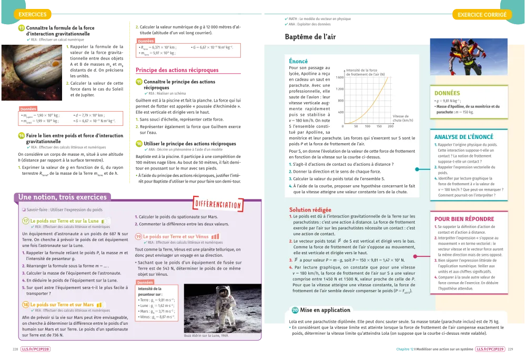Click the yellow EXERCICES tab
pos(32,14)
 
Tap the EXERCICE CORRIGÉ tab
pos(482,14)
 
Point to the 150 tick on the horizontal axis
pos(379,126)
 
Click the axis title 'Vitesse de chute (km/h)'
pos(403,118)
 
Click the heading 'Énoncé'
pos(298,62)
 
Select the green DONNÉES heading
pos(447,92)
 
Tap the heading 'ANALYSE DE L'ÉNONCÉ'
pos(464,137)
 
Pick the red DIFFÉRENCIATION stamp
pos(218,204)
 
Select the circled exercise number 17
pos(26,221)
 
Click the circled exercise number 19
pos(138,237)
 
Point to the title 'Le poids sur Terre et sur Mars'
pos(62,305)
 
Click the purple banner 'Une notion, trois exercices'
pos(62,197)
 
